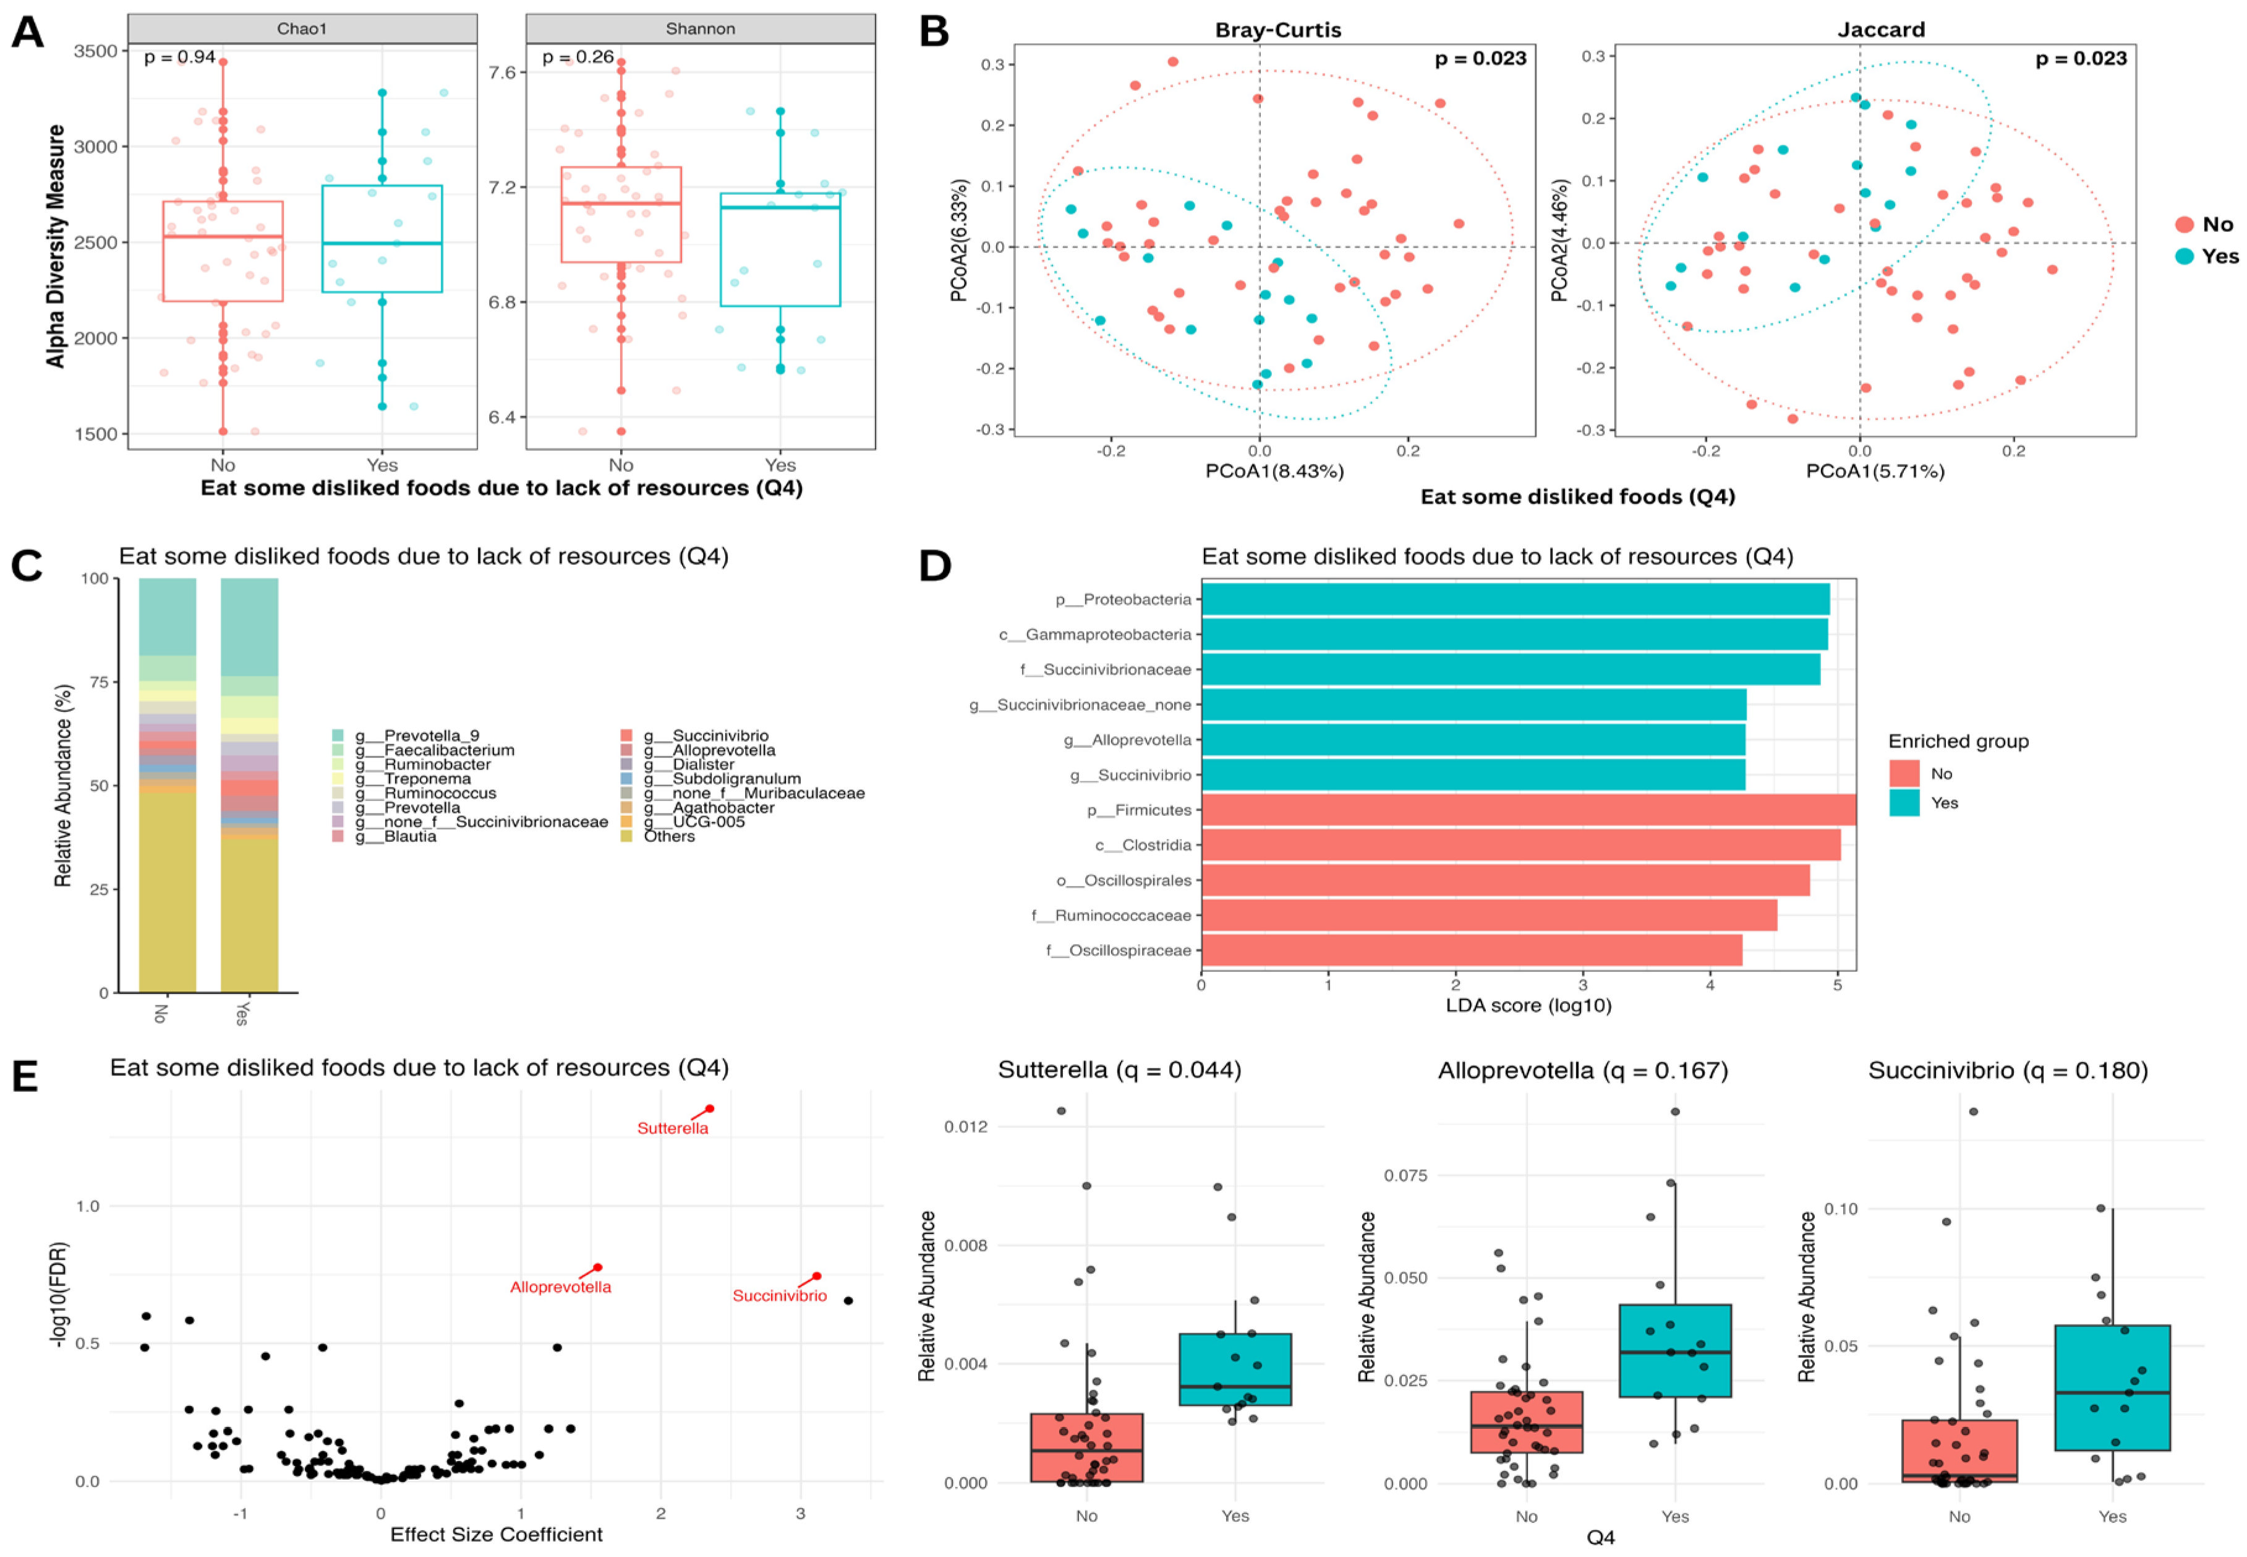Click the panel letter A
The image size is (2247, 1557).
tap(27, 32)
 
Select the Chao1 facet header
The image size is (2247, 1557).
tap(301, 28)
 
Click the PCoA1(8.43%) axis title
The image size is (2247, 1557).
tap(1274, 471)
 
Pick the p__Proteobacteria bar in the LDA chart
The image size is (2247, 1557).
tap(1514, 599)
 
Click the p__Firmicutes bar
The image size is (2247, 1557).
tap(1527, 810)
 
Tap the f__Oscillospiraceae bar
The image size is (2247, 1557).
tap(1471, 950)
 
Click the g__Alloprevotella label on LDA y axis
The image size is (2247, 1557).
tap(1127, 739)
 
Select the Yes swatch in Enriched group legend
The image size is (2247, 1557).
tap(1904, 803)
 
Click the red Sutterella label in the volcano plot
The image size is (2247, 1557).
tap(672, 1129)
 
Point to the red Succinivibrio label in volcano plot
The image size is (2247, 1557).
tap(779, 1295)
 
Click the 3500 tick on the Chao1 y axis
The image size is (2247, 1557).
tap(96, 51)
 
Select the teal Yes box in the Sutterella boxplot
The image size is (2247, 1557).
tap(1235, 1369)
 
